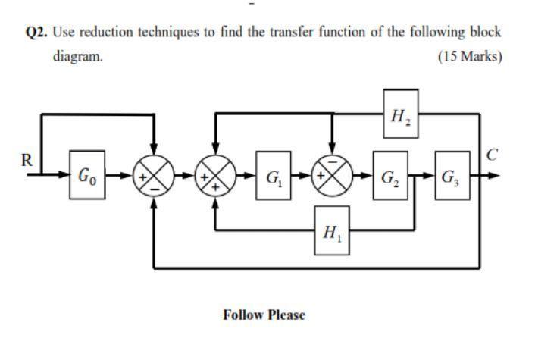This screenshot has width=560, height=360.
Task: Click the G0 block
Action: click(x=87, y=177)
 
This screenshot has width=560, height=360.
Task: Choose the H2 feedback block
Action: click(x=400, y=114)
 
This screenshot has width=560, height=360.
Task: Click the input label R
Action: click(x=27, y=160)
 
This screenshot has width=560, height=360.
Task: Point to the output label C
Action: click(x=493, y=157)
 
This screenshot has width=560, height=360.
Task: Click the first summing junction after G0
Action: click(x=154, y=177)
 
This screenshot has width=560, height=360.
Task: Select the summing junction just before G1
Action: click(x=216, y=177)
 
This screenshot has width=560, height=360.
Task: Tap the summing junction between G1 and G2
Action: click(x=331, y=177)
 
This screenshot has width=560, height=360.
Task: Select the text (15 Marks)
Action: click(x=470, y=57)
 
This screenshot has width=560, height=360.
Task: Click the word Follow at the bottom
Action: click(x=243, y=315)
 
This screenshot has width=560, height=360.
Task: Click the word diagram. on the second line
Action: click(x=77, y=57)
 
